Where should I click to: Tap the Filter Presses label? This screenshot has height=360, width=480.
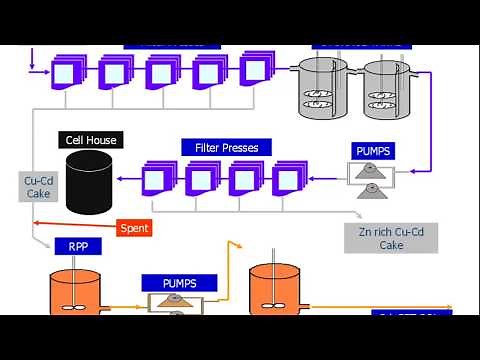coord(220,148)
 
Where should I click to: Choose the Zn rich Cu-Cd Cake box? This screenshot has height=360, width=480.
coord(397,237)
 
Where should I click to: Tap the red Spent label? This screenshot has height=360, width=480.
coord(135,228)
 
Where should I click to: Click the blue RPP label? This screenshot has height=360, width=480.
coord(77,247)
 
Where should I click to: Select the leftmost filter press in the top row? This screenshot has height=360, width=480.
coord(67,72)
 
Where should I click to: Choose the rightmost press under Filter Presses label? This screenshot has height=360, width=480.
coord(287,179)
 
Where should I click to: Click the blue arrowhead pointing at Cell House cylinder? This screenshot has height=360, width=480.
coord(120,178)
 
